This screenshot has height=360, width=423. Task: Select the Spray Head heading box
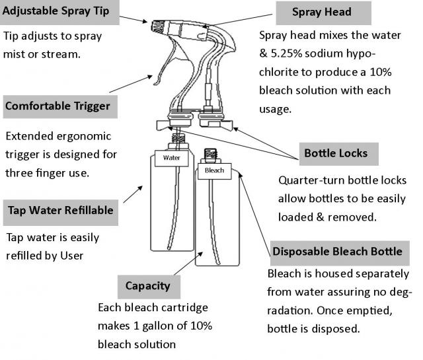[x=322, y=12]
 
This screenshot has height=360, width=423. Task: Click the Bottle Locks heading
[x=335, y=154]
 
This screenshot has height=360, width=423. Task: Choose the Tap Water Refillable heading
[x=60, y=211]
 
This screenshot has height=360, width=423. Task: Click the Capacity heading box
[x=148, y=286]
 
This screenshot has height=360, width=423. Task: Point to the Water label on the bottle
[x=172, y=159]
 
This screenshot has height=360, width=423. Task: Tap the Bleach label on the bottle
[x=214, y=170]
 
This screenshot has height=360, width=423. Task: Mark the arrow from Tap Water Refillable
[x=132, y=194]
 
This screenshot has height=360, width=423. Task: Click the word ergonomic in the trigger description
[x=85, y=137]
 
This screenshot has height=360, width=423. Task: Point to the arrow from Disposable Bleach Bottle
[x=254, y=211]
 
